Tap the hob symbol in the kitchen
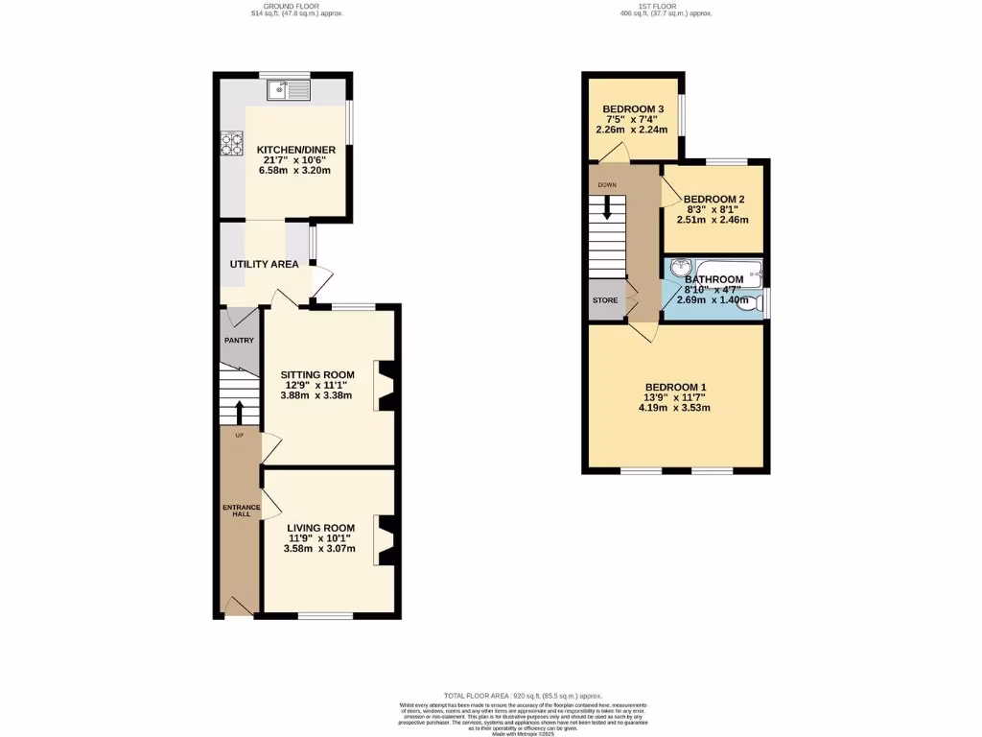(232, 143)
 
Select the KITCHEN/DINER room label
(293, 150)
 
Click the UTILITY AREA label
(264, 264)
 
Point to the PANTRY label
(238, 340)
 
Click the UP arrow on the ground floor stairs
(239, 412)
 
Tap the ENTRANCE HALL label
(236, 510)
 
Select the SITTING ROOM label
(317, 375)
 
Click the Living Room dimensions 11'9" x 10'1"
(321, 538)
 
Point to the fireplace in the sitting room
(386, 386)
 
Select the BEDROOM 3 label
(633, 109)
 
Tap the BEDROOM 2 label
(714, 200)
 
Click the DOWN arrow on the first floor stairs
(607, 208)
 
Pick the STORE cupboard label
(605, 300)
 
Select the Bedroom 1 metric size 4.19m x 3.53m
(677, 408)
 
